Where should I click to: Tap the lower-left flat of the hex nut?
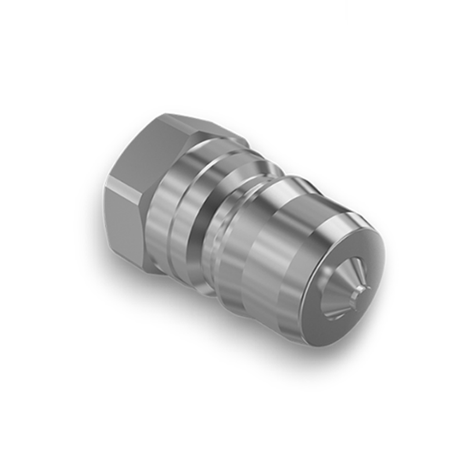click(123, 220)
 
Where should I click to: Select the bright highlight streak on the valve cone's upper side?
click(351, 272)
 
